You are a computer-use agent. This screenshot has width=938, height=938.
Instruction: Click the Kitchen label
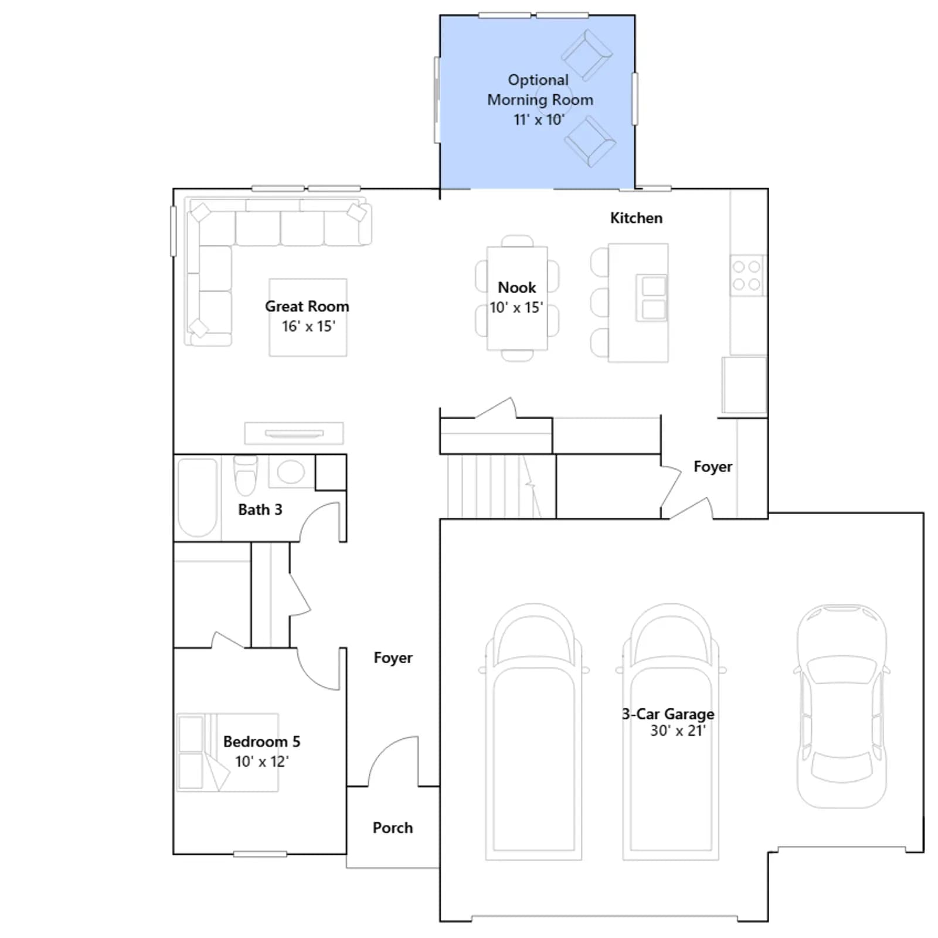coord(636,218)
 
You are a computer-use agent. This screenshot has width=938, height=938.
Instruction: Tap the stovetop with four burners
coord(747,275)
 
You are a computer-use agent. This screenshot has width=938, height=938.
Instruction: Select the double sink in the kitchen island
coord(652,298)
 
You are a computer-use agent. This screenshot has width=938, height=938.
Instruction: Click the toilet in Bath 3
coord(246,474)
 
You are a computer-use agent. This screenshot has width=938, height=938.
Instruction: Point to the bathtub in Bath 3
coord(198,497)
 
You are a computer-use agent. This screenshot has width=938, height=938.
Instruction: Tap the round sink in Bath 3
coord(291,471)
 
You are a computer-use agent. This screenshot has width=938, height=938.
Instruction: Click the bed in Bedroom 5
coord(227,752)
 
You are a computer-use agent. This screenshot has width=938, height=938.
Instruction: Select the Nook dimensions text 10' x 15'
coord(516,308)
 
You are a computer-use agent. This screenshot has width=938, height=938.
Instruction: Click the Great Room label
coord(307,306)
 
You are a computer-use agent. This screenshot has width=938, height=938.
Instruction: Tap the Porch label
coord(393,828)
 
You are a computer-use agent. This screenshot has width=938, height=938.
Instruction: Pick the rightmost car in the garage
coord(842,706)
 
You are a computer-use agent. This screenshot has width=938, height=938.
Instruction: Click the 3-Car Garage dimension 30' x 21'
coord(678,730)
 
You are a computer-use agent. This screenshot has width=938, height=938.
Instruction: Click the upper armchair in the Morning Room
coord(587,56)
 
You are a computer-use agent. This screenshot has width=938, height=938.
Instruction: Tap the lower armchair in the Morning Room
coord(590,141)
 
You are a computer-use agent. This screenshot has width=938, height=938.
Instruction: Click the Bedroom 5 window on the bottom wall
coord(260,854)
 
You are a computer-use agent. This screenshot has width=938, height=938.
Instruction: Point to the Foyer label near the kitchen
coord(713,467)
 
